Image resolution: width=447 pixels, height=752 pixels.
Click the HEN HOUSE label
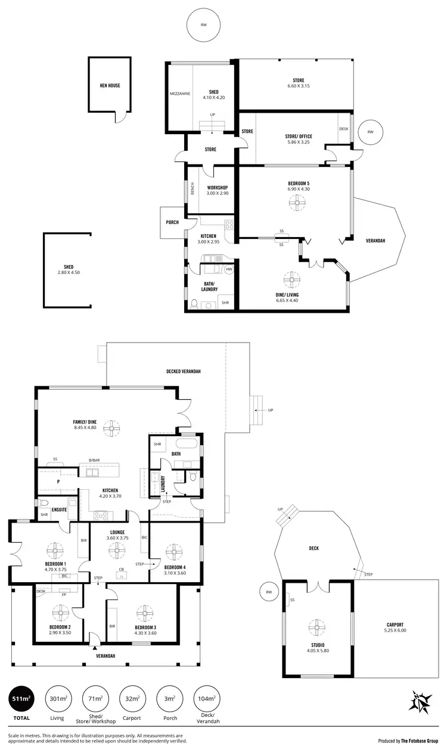(110, 85)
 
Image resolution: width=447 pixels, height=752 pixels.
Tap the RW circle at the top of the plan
(203, 25)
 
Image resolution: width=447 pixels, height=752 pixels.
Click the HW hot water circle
(229, 270)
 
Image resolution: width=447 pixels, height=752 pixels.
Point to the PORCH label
(172, 222)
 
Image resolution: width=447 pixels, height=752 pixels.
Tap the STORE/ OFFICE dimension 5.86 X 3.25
(298, 144)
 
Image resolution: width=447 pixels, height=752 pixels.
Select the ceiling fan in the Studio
(317, 627)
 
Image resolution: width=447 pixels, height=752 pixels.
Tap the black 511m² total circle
(22, 699)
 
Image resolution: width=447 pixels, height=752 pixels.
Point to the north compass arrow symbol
(421, 700)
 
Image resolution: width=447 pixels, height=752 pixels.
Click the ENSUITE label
(59, 509)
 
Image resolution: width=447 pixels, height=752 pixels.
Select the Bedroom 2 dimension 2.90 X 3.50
(61, 633)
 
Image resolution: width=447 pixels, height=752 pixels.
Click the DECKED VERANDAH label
(183, 371)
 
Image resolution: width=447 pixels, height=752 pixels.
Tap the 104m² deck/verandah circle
(207, 699)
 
